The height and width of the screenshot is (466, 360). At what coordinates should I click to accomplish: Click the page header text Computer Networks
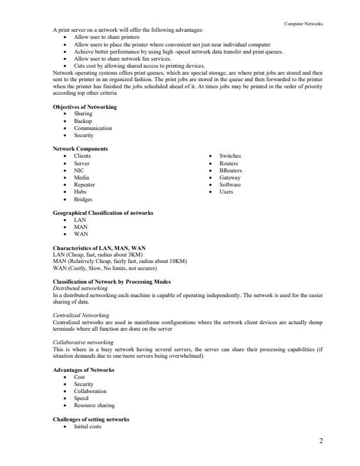click(x=304, y=24)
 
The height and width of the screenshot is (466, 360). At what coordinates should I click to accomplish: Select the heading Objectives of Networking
click(x=85, y=106)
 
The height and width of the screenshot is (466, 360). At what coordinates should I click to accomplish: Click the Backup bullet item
click(x=83, y=121)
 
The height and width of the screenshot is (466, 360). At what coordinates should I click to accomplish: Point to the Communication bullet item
click(x=92, y=128)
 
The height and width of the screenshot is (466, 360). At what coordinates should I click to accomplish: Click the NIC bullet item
click(x=79, y=170)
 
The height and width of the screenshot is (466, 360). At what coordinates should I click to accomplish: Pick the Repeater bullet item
click(x=84, y=184)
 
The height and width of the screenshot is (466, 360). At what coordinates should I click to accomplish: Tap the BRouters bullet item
click(x=230, y=170)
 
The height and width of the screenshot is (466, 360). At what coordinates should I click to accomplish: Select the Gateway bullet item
click(x=229, y=177)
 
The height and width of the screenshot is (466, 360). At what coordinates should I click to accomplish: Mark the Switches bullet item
click(x=230, y=156)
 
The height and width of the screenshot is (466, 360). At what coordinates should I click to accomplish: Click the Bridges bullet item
click(x=83, y=199)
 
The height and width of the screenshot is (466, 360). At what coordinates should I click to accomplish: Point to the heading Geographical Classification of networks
click(x=103, y=212)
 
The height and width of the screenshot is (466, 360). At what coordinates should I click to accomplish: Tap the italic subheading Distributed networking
click(x=79, y=288)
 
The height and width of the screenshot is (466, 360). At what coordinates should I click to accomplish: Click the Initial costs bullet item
click(x=87, y=427)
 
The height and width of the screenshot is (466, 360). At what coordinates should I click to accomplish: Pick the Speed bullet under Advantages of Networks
click(x=81, y=398)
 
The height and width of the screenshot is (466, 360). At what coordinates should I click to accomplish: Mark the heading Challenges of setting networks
click(x=91, y=420)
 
